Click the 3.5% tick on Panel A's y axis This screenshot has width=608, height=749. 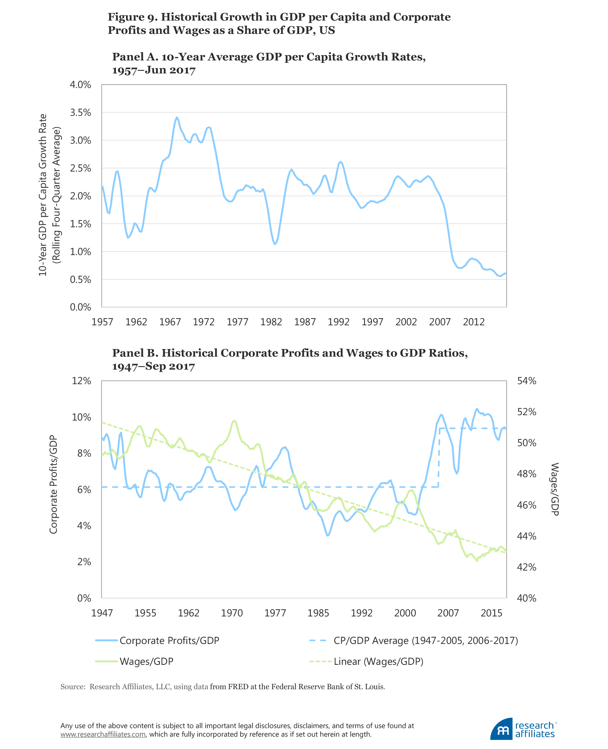click(80, 113)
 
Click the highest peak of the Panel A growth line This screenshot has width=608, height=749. click(177, 118)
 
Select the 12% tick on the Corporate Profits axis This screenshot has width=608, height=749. click(81, 381)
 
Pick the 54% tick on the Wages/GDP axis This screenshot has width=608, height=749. click(526, 381)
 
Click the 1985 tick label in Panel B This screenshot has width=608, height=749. click(318, 613)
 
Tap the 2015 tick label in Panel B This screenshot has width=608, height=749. click(491, 613)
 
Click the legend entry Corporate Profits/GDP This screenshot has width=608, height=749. click(169, 640)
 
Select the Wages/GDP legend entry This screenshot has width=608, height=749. click(146, 661)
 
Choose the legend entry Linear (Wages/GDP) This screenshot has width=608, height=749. click(378, 661)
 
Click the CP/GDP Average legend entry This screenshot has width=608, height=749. click(426, 640)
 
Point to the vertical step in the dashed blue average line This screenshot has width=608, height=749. click(439, 458)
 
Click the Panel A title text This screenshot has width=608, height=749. click(269, 63)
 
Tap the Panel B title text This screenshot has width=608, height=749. click(290, 359)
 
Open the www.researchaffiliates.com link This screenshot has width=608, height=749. click(103, 734)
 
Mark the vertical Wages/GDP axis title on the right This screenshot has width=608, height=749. click(554, 489)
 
